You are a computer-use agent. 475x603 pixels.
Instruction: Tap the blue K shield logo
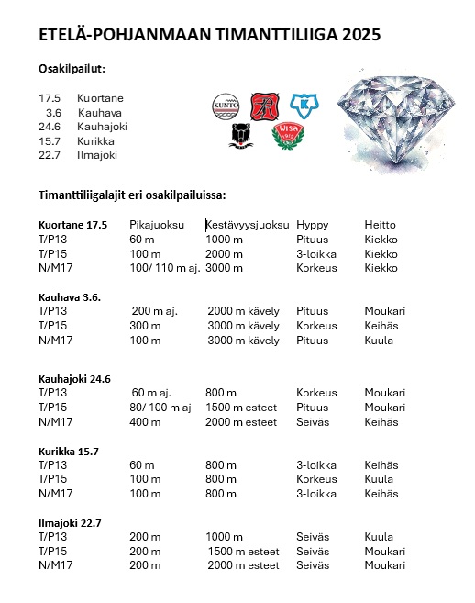(304, 104)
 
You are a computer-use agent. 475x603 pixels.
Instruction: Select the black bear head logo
(242, 136)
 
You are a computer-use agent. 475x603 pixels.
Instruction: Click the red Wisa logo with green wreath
(288, 136)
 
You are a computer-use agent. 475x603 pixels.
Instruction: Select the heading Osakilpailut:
(72, 70)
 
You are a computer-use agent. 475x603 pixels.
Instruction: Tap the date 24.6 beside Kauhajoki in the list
(50, 127)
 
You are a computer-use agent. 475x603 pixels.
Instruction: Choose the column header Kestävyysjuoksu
(248, 225)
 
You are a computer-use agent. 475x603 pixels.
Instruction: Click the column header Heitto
(379, 225)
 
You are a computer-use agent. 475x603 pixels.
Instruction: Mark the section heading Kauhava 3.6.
(70, 297)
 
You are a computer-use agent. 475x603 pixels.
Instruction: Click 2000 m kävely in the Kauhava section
(243, 311)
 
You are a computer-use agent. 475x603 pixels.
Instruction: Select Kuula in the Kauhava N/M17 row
(378, 341)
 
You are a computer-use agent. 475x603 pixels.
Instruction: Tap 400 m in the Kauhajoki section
(144, 422)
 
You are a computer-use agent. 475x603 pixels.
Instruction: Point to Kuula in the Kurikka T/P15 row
(378, 479)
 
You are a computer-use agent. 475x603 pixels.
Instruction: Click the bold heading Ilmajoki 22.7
(70, 523)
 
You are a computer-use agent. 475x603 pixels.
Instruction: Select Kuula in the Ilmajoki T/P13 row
(378, 537)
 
